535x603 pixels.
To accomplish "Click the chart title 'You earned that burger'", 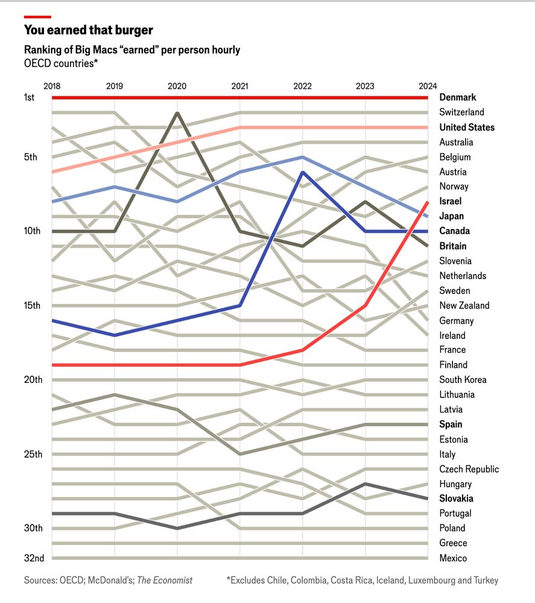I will [x=88, y=30].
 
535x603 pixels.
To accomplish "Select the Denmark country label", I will [x=457, y=97].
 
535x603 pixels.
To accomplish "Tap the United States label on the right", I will [x=466, y=127].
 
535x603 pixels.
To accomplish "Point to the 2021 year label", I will [x=239, y=86].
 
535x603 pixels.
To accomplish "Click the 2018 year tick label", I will [x=52, y=86].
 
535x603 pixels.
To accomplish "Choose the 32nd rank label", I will [x=34, y=558].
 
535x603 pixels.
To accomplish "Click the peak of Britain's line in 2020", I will [x=177, y=112].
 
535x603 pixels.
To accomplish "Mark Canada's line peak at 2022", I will [x=302, y=172].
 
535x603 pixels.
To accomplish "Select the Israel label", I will [x=450, y=201].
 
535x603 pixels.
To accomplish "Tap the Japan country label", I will [x=451, y=216].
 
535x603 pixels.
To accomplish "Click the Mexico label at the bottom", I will [x=453, y=558].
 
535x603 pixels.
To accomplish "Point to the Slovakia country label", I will [x=456, y=499].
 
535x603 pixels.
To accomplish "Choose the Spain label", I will [x=451, y=424].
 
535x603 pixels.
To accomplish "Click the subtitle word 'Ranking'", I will [x=43, y=49].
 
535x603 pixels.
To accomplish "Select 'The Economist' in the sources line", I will [x=165, y=580].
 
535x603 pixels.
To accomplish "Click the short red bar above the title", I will [x=37, y=17].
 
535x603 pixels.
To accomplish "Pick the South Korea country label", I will [x=463, y=379].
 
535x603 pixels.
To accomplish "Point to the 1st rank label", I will [x=30, y=97].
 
